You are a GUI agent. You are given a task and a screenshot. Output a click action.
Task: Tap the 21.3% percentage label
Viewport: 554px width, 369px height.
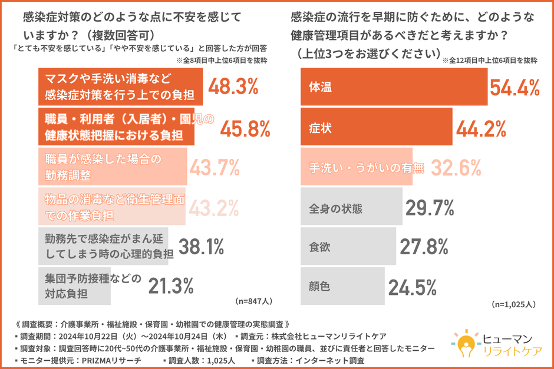(170, 286)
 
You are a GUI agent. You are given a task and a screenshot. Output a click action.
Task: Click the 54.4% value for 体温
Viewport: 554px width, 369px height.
(515, 87)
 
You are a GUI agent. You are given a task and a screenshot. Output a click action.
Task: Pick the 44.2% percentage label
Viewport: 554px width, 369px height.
(482, 127)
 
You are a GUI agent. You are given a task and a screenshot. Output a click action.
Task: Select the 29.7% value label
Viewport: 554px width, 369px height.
(430, 207)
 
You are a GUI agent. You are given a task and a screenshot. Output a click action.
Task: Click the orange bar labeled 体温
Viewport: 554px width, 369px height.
(394, 87)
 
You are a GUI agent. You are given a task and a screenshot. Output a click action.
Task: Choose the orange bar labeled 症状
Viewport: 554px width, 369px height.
(377, 127)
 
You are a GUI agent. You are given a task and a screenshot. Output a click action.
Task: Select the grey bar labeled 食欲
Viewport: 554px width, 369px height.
(348, 247)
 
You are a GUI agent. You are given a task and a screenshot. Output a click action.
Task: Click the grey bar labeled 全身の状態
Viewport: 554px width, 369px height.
(352, 207)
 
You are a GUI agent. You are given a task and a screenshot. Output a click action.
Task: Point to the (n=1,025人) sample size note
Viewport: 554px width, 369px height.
(513, 304)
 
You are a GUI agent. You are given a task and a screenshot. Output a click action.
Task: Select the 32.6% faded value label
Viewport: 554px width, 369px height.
(456, 167)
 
